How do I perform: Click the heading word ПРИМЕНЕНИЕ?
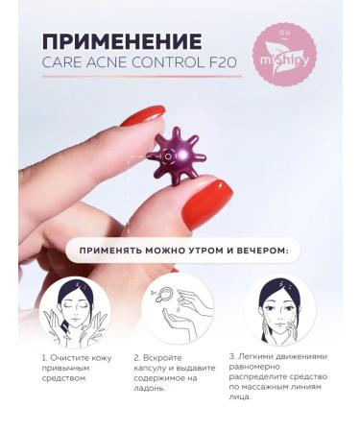pyautogui.click(x=121, y=41)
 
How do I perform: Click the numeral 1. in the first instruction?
pyautogui.click(x=44, y=358)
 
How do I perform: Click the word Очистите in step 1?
pyautogui.click(x=71, y=358)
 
